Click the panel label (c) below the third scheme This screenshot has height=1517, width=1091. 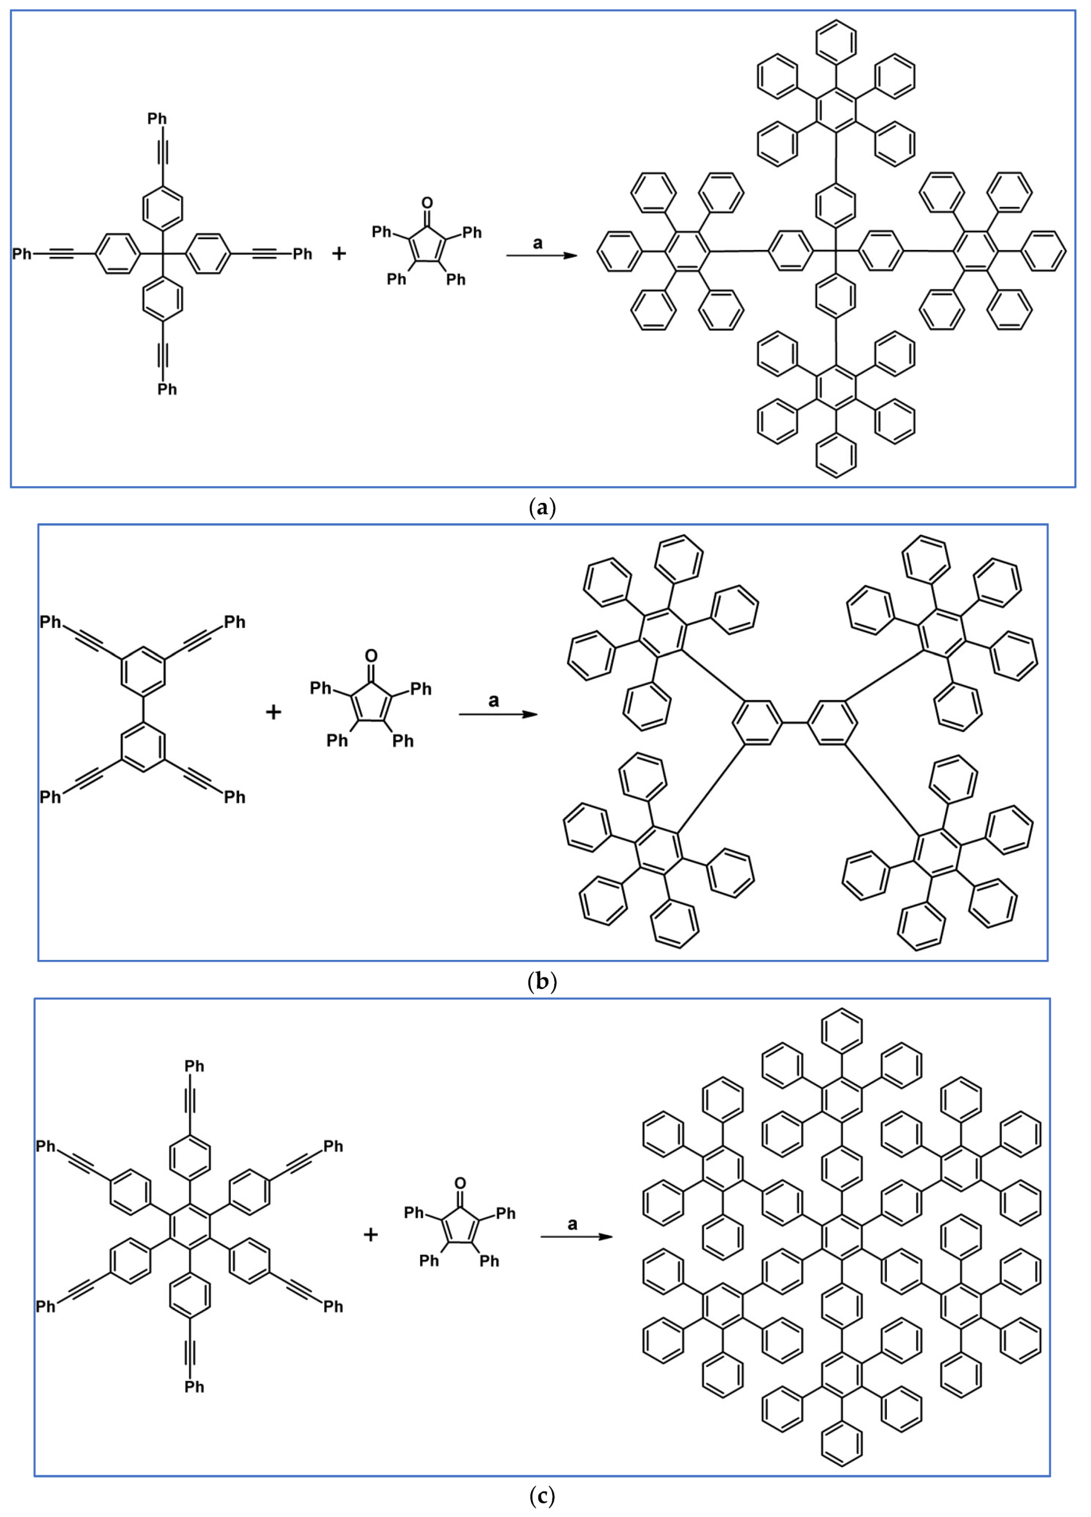click(541, 1496)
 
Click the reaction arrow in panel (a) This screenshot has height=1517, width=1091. click(541, 255)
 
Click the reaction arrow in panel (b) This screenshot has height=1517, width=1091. click(498, 714)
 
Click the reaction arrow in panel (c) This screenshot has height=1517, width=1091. click(576, 1236)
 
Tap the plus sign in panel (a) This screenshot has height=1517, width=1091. click(339, 254)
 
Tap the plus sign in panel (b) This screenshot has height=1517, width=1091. click(273, 712)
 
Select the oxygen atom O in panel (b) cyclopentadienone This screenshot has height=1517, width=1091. click(371, 655)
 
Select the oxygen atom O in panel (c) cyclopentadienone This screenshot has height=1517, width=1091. click(459, 1183)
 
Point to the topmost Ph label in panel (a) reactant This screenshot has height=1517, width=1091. click(157, 119)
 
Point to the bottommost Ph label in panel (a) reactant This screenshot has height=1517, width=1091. click(167, 389)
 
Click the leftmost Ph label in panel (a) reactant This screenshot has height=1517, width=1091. click(22, 254)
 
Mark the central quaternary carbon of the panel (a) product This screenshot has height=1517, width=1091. click(835, 252)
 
